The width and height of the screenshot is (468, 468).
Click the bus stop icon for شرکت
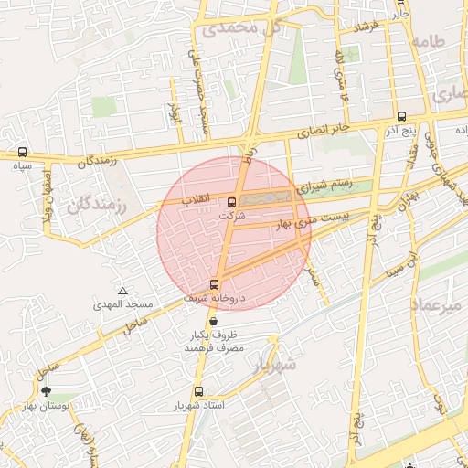coord(229,202)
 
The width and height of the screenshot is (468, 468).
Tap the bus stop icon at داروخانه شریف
coord(215,284)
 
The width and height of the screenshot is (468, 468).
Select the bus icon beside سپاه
coord(22,153)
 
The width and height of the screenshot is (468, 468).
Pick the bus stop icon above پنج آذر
coord(402,116)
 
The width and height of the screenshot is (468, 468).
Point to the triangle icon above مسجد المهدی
coord(122,290)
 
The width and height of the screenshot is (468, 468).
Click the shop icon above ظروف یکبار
coord(213,321)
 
